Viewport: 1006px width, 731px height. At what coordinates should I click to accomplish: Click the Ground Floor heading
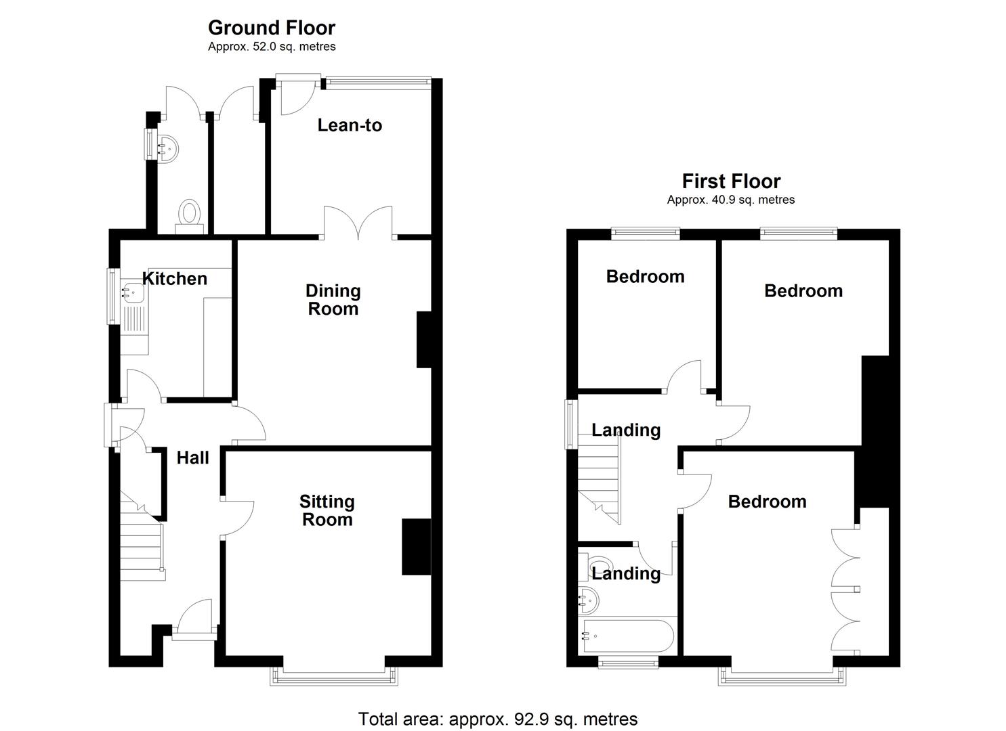point(272,28)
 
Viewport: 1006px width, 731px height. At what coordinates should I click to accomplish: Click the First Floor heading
point(731,181)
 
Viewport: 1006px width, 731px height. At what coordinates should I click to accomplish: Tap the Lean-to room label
point(350,125)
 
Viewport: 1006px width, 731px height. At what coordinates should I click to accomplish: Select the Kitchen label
point(175,279)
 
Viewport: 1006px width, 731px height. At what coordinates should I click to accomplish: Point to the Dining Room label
point(333,300)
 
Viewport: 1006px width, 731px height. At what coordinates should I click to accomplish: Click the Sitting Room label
point(327,510)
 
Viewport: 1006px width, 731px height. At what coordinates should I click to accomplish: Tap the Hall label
point(192,458)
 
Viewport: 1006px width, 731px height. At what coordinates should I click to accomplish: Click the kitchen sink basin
point(133,292)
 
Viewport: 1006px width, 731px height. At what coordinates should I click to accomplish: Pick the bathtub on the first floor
point(628,636)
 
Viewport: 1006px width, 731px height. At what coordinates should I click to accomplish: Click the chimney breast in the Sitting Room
point(417,547)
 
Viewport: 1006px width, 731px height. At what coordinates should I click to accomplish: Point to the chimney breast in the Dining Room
point(424,340)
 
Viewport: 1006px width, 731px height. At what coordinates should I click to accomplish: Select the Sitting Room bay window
point(334,675)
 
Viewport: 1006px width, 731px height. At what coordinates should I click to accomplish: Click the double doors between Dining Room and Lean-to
point(358,222)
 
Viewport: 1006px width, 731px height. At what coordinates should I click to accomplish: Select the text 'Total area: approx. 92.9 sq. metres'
point(498,719)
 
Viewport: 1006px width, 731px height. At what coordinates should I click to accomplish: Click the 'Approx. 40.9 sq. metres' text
point(731,200)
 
